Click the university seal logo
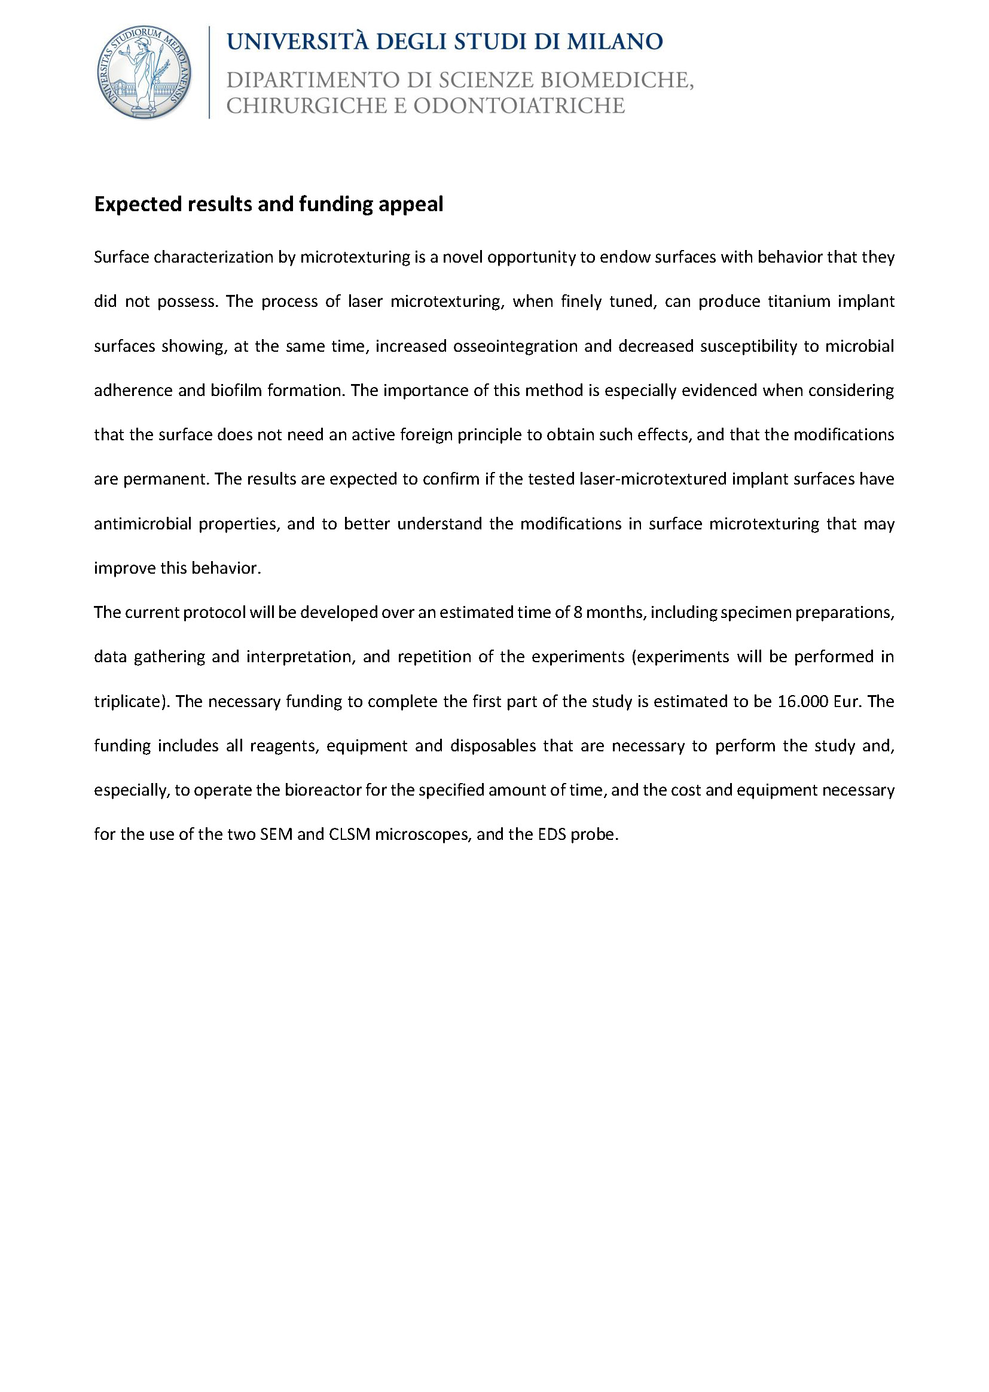[144, 72]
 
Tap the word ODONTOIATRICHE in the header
[519, 106]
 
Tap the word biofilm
[236, 390]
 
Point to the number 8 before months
[576, 612]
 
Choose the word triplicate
[130, 701]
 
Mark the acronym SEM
[276, 834]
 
